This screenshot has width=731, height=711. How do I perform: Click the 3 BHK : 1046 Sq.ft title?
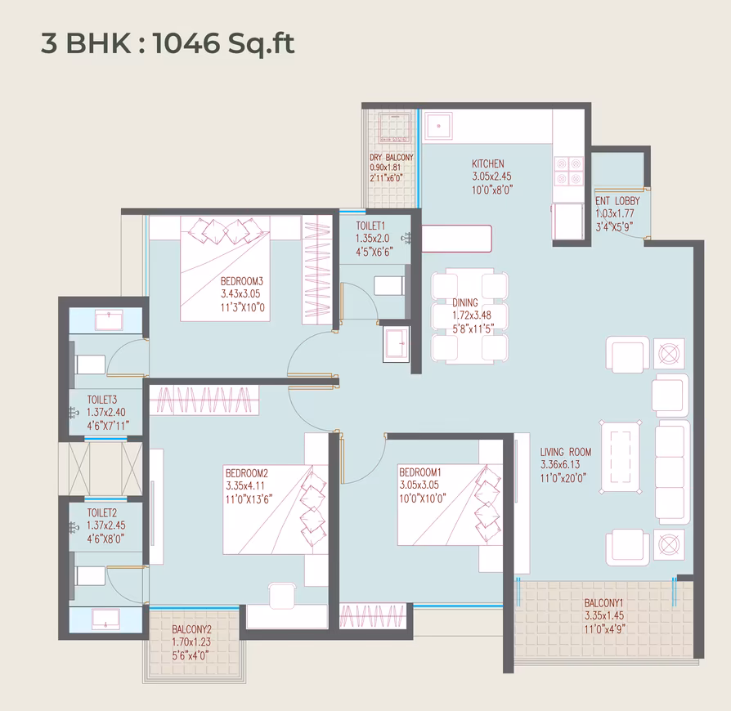coord(168,43)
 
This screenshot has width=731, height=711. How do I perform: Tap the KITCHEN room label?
coord(487,163)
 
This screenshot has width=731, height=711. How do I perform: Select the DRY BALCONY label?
coord(391,158)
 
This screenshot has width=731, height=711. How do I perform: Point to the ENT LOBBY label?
coord(617,201)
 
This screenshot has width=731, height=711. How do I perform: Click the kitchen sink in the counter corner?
coord(438,125)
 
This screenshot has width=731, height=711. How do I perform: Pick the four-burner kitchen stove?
coord(569,171)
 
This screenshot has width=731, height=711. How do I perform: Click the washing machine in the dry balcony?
coord(395,127)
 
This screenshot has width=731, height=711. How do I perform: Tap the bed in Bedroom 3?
coord(225,269)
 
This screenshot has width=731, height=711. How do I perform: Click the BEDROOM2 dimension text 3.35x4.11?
coord(244,486)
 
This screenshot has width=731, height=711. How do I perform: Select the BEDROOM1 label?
coord(419,472)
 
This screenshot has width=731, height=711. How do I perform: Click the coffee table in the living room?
coord(620,457)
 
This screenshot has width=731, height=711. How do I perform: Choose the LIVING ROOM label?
coord(566,452)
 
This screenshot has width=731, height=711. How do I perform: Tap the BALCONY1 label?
coord(603,603)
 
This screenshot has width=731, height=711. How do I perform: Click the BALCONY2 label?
coord(191,629)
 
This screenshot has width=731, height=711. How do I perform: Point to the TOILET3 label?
coord(102,400)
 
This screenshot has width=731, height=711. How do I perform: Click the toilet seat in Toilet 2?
coord(89,576)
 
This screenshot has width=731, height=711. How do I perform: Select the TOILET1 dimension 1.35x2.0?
coord(372,239)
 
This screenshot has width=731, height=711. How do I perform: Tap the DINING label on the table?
coord(464,303)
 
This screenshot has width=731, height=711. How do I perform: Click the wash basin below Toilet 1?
coord(396,344)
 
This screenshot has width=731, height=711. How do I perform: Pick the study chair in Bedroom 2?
coord(283,596)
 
